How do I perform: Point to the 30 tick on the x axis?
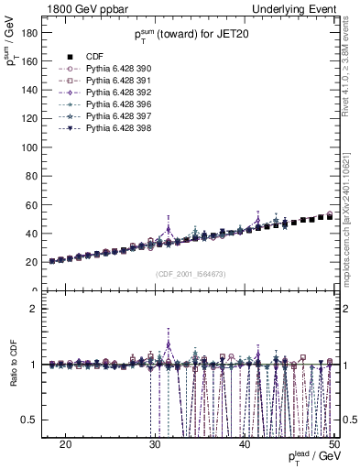pyautogui.click(x=155, y=443)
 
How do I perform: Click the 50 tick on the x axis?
pyautogui.click(x=333, y=443)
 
